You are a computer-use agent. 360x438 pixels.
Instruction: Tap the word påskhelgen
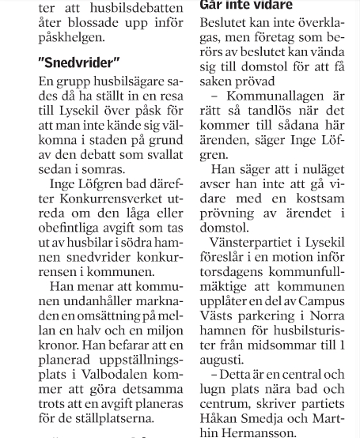(x=74, y=36)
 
